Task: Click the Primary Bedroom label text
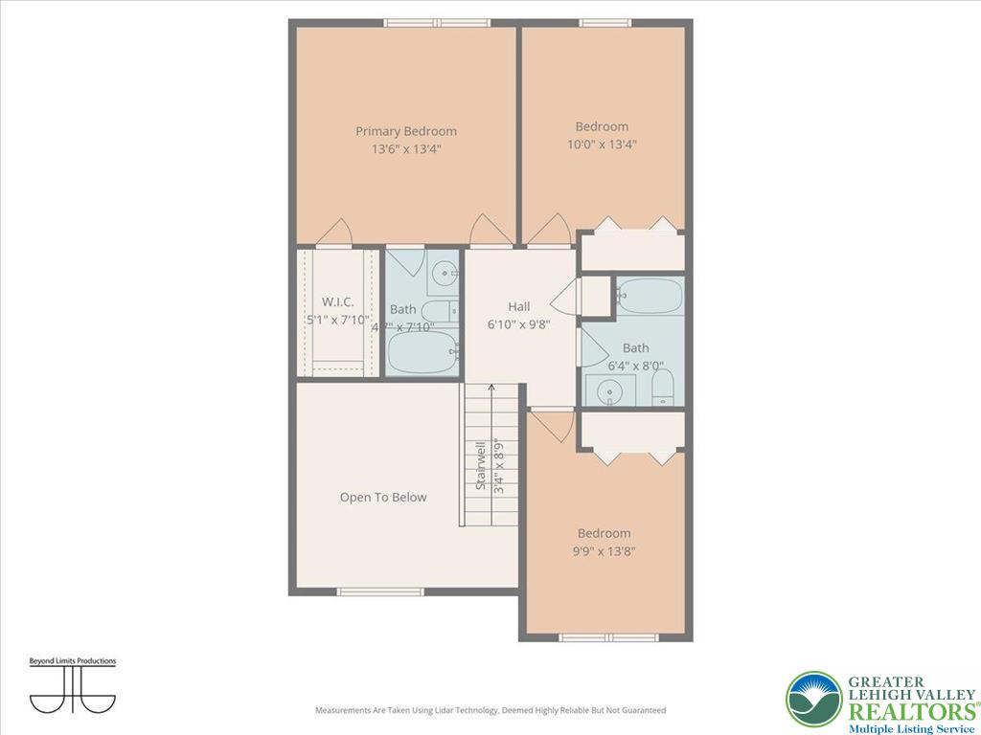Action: pyautogui.click(x=406, y=131)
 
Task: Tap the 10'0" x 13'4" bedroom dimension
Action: pyautogui.click(x=602, y=145)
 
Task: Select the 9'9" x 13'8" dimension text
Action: pyautogui.click(x=604, y=551)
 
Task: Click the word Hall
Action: pyautogui.click(x=519, y=306)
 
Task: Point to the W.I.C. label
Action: pyautogui.click(x=338, y=301)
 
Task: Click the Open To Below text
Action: pyautogui.click(x=383, y=498)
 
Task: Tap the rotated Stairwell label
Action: pyautogui.click(x=482, y=466)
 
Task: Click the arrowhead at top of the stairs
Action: pyautogui.click(x=492, y=389)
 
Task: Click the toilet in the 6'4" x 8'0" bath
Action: pyautogui.click(x=663, y=388)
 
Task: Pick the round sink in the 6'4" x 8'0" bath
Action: pyautogui.click(x=609, y=390)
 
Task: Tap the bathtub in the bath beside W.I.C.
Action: pyautogui.click(x=422, y=352)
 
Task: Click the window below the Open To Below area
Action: pyautogui.click(x=380, y=591)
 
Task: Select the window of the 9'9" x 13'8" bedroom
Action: pyautogui.click(x=605, y=637)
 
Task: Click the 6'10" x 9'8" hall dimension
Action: pyautogui.click(x=518, y=323)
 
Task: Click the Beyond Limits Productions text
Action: pyautogui.click(x=72, y=661)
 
